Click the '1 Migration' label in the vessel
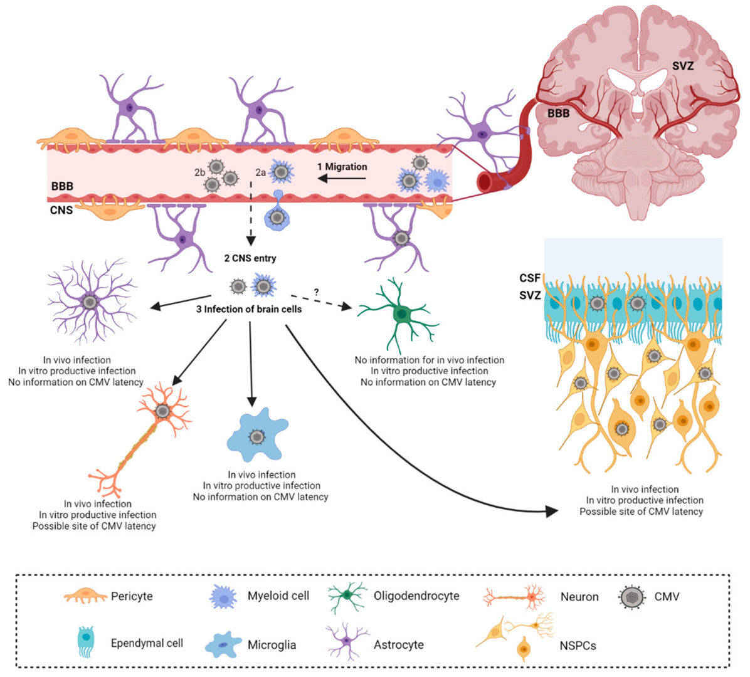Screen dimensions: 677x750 click(x=342, y=167)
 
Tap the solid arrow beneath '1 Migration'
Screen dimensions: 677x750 click(x=342, y=179)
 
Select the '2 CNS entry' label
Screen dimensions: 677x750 click(x=251, y=258)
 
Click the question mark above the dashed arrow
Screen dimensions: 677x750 click(x=316, y=291)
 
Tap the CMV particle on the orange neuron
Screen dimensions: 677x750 click(x=163, y=411)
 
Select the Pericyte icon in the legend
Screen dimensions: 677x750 click(x=85, y=596)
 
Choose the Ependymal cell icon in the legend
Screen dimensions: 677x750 click(x=87, y=642)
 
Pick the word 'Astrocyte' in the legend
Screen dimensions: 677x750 click(x=399, y=644)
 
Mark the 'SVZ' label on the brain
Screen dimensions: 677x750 click(x=682, y=65)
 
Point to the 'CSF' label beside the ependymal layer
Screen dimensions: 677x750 click(x=529, y=278)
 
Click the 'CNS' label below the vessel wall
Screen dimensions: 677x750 click(x=61, y=210)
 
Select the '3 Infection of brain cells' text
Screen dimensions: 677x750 click(x=251, y=308)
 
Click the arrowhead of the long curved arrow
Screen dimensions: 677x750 click(x=551, y=512)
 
